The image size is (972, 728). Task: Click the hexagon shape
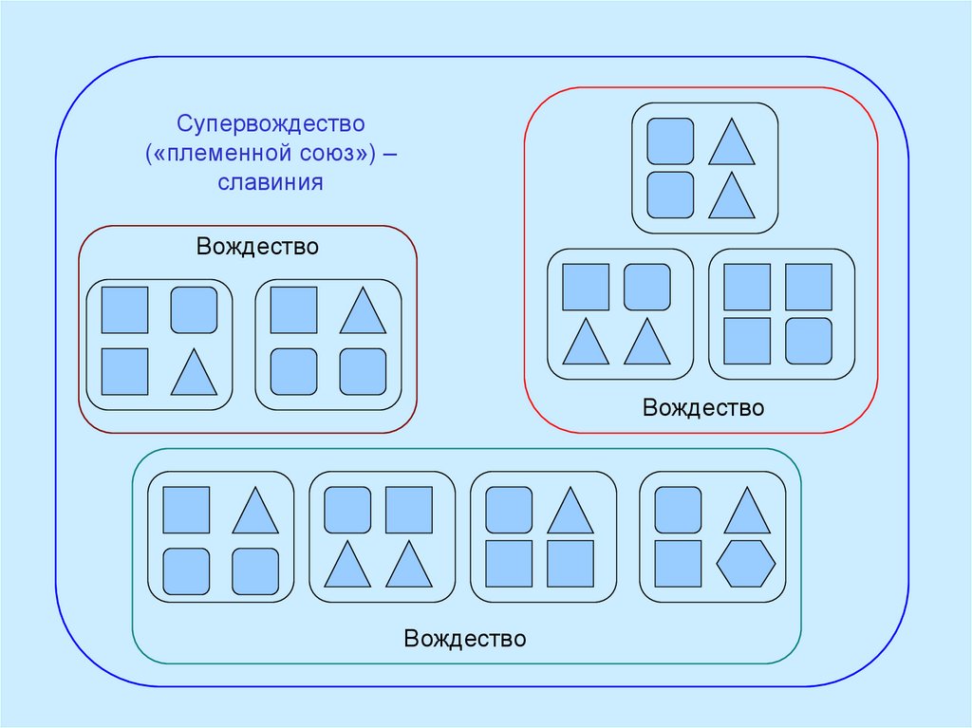pos(746,564)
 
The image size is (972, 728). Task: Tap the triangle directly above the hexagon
pos(747,512)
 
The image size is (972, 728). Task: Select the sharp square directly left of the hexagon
pos(679,564)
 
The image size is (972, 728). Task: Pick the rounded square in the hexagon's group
pos(679,510)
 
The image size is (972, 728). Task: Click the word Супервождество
pos(269,124)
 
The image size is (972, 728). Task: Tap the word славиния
pos(271,182)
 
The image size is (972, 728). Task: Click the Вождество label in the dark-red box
pos(258,247)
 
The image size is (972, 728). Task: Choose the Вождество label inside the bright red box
pos(703,408)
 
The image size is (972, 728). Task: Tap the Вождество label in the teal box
pos(465,638)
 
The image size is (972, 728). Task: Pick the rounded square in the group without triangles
pos(809,342)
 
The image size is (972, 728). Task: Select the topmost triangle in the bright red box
pos(731,141)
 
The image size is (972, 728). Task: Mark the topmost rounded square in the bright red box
pos(670,140)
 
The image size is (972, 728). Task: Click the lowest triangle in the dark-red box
pos(194,373)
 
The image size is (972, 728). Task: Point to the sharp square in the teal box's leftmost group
pos(186,510)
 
